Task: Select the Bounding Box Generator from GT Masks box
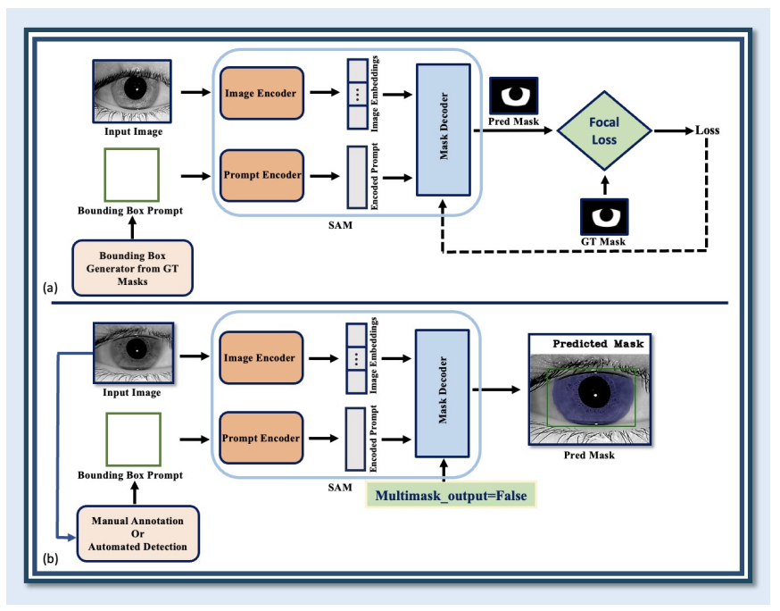132,268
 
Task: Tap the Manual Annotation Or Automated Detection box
137,533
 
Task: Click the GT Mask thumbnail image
605,215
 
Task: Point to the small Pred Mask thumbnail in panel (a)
514,94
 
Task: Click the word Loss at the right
708,130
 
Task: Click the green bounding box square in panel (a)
131,175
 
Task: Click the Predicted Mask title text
598,343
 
